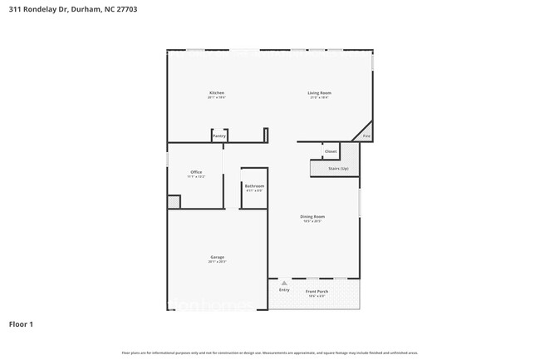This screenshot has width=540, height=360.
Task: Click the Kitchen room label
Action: coord(216,92)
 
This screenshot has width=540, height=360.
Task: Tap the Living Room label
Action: coord(320,92)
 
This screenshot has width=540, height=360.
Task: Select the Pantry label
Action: coord(219,136)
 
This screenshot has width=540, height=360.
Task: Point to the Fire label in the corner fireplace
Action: coord(366,136)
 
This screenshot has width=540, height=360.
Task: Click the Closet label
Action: coord(331,151)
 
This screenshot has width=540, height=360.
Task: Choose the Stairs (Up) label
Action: coord(336,168)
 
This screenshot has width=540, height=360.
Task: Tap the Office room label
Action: coord(196,172)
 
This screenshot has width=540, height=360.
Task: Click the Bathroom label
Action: coord(254,185)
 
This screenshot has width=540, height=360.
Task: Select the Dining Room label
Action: coord(312,216)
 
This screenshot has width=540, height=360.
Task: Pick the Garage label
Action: coord(217,257)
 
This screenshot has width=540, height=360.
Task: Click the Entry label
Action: coord(284,290)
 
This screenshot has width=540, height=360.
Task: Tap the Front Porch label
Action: coord(317,291)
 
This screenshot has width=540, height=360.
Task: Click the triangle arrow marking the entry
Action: coord(284,284)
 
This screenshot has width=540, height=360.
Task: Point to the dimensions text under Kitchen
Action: coord(216,97)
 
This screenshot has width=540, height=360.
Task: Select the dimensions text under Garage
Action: coord(217,262)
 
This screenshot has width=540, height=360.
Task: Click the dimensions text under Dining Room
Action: coord(312,221)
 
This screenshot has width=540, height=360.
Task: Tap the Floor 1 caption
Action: coord(21,323)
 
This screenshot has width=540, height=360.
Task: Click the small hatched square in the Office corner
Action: coord(174,201)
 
